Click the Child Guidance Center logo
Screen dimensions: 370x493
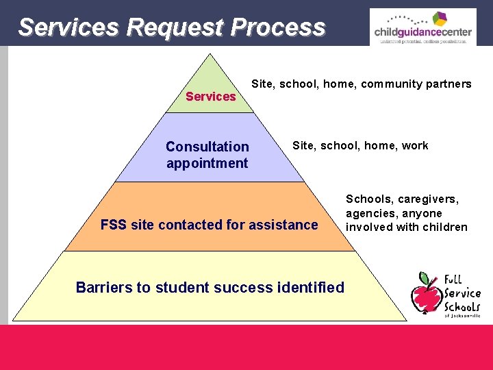coord(422,27)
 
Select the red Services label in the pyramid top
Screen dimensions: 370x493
coord(210,97)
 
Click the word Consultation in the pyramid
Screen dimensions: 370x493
coord(207,147)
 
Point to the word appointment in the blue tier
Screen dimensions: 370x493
coord(207,163)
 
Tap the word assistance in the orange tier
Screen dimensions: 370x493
coord(283,225)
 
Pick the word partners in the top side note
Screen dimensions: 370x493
coord(447,84)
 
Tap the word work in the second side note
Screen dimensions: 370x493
coord(415,145)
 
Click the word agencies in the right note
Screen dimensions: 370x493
coord(370,213)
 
